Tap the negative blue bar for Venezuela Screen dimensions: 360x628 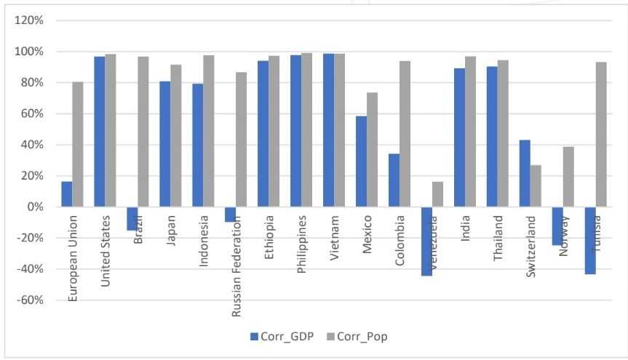click(x=427, y=241)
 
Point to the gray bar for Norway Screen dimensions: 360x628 click(x=568, y=177)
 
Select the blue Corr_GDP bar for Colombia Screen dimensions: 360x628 click(x=394, y=180)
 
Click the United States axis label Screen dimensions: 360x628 click(x=106, y=240)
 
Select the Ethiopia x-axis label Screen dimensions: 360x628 click(x=270, y=231)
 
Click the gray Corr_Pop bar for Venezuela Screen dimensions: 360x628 click(x=438, y=194)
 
